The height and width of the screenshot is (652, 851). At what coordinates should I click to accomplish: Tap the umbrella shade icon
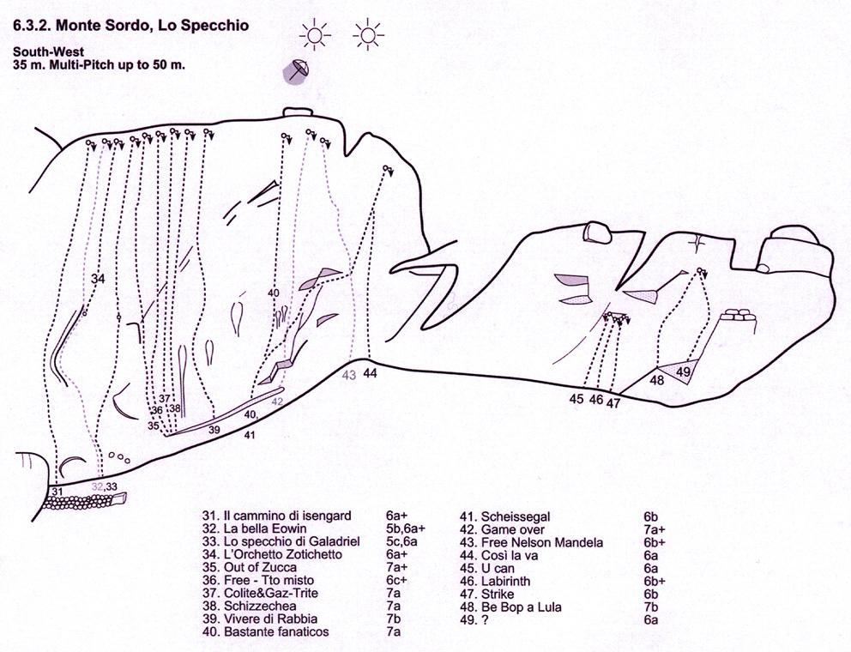click(297, 70)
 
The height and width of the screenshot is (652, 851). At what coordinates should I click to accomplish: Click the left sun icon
click(315, 34)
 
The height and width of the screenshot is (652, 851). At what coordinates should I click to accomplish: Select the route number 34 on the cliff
click(99, 279)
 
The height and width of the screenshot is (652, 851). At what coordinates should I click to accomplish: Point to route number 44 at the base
click(371, 373)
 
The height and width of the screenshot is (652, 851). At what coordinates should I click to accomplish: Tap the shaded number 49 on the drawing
click(684, 371)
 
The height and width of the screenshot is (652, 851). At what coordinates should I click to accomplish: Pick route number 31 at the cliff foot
click(58, 491)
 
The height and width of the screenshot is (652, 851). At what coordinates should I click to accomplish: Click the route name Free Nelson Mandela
click(541, 542)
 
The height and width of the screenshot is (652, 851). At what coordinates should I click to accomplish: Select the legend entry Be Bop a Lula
click(521, 607)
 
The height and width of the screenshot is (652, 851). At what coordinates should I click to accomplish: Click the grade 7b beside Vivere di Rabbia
click(394, 619)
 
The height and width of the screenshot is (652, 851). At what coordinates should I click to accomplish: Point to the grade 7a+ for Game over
click(655, 530)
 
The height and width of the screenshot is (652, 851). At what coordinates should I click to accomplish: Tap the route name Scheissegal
click(516, 516)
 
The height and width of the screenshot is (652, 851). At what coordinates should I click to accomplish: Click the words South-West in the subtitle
click(49, 52)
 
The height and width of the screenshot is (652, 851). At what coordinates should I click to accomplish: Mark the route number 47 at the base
click(613, 403)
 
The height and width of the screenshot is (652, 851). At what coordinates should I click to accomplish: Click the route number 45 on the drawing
click(576, 399)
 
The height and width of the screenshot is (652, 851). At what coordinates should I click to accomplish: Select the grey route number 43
click(349, 375)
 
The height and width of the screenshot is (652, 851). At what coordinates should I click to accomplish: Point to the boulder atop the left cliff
click(298, 112)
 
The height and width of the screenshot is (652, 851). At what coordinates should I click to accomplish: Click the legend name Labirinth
click(506, 581)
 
